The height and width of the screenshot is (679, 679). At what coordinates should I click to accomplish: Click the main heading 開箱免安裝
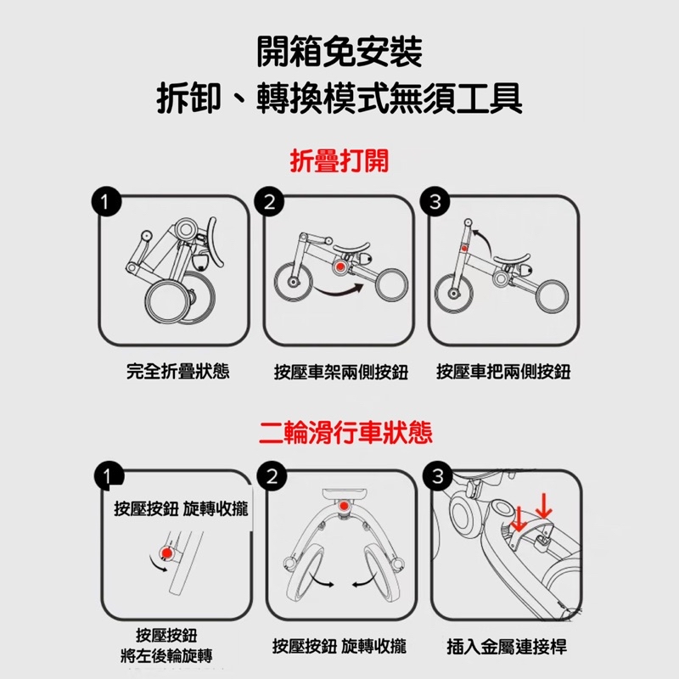[339, 52]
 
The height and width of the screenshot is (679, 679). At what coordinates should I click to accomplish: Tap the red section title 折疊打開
[339, 160]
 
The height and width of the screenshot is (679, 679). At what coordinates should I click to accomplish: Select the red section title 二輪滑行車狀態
[345, 433]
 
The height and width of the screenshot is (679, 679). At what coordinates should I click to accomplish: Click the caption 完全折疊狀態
[177, 371]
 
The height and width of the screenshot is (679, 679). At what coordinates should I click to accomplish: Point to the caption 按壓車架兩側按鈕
[341, 372]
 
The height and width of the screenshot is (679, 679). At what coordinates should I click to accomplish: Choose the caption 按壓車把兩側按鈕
[503, 372]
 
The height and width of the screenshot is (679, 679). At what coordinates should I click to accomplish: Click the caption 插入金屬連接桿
[507, 647]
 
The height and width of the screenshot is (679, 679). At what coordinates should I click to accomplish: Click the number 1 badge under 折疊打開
[106, 201]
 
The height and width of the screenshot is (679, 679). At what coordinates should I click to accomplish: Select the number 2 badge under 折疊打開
[269, 202]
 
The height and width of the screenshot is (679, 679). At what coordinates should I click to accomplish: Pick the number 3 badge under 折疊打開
[435, 202]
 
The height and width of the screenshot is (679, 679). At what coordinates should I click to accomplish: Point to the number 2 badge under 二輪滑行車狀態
[272, 476]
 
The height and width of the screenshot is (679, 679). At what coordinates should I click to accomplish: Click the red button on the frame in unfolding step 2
[340, 267]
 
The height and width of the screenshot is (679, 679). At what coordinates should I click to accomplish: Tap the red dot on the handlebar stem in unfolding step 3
[464, 249]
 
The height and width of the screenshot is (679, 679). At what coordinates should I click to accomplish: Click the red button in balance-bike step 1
[166, 553]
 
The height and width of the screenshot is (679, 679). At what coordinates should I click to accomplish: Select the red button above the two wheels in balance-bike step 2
[344, 506]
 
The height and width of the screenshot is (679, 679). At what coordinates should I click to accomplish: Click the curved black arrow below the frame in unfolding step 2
[339, 290]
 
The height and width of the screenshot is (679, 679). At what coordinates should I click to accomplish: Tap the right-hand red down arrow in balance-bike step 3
[544, 505]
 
